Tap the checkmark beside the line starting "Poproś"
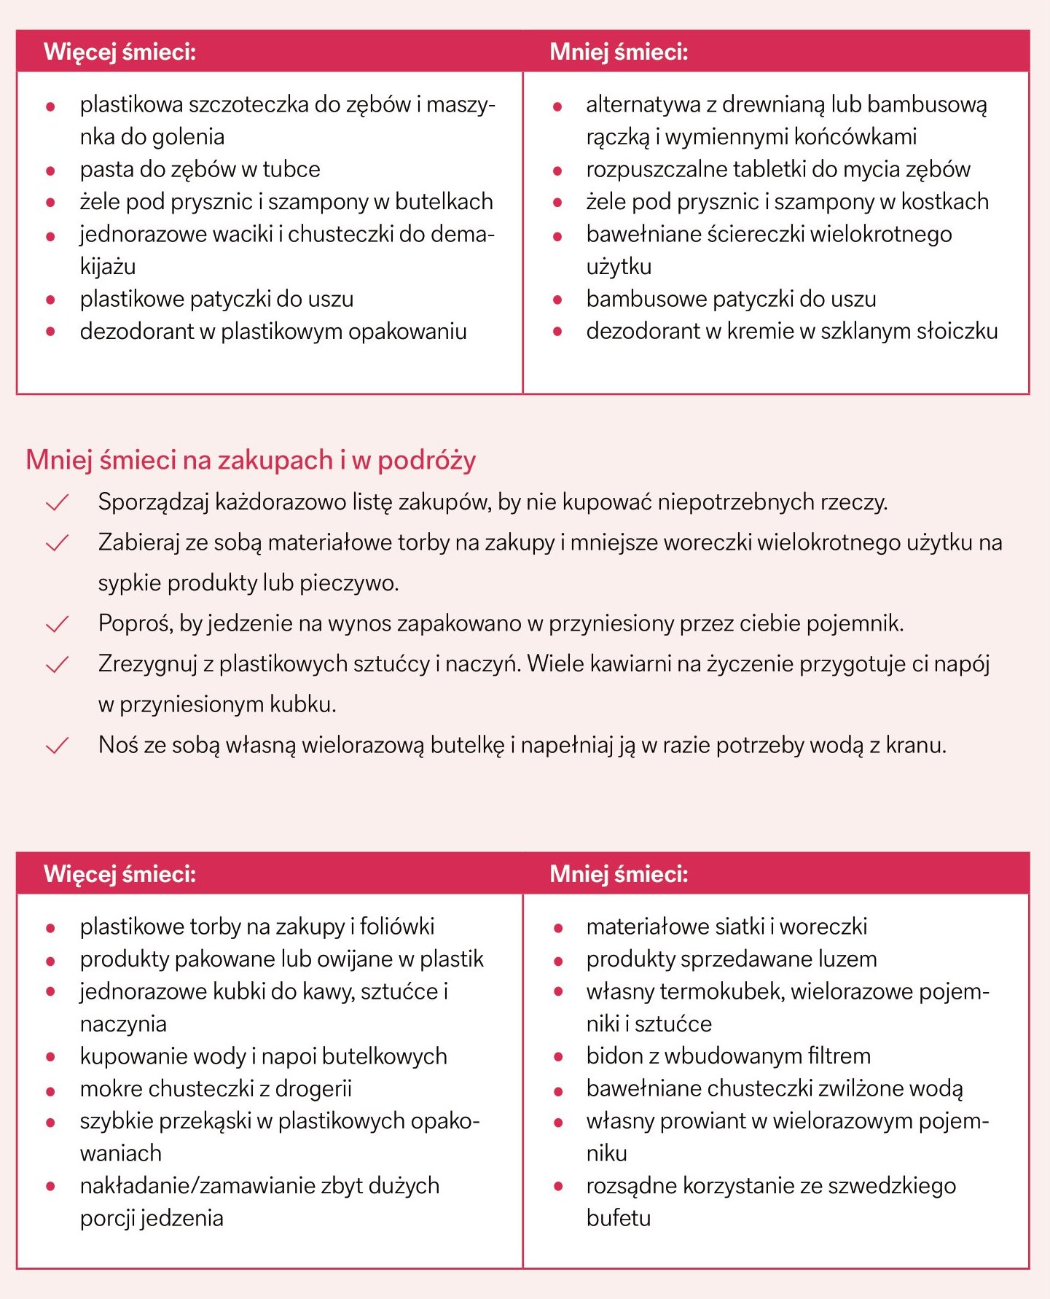click(57, 624)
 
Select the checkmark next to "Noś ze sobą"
click(57, 746)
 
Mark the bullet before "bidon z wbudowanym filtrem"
click(558, 1057)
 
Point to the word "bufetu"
click(618, 1218)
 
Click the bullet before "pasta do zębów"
click(50, 171)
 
